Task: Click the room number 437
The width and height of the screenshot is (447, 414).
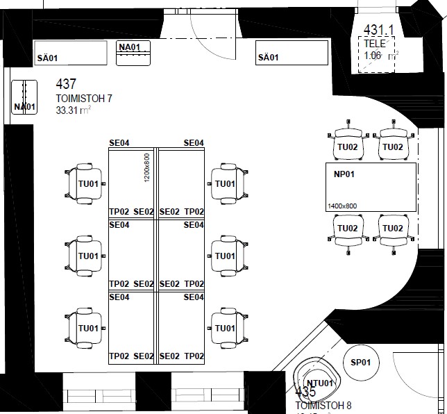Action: pos(67,85)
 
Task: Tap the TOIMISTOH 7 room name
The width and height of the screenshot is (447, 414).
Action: pos(84,99)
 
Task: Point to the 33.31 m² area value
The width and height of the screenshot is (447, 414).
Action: pos(74,110)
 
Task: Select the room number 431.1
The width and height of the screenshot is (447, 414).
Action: pos(379,30)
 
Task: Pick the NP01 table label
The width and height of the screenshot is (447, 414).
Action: pos(344,174)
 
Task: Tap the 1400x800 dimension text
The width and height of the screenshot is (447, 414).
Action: pos(342,206)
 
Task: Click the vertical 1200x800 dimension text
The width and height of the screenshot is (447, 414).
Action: pos(147,167)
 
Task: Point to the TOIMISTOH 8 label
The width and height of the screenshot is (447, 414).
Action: pos(323,406)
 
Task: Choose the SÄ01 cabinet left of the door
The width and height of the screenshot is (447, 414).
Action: pos(71,53)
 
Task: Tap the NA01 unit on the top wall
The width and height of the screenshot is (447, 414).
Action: pos(134,53)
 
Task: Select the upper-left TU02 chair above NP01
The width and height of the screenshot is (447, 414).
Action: pos(347,144)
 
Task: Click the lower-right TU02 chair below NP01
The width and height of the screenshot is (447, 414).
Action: pos(392,230)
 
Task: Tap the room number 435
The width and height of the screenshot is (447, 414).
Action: pos(305,392)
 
